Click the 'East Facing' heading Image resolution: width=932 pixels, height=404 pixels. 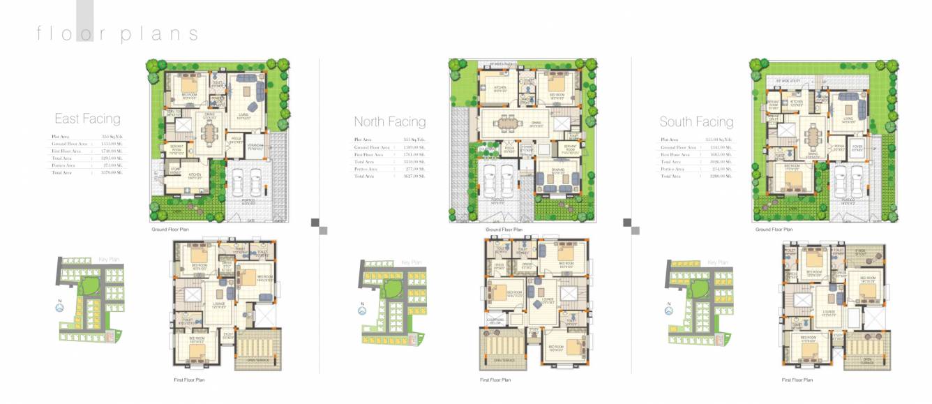click(87, 119)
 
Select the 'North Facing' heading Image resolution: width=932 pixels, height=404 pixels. click(389, 121)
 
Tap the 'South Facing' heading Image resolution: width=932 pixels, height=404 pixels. click(696, 121)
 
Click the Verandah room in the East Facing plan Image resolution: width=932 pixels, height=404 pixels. click(256, 145)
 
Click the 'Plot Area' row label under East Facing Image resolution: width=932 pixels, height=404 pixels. click(61, 137)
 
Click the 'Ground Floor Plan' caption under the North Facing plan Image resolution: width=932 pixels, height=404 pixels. click(503, 230)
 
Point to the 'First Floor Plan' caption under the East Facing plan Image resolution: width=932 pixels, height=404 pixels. click(189, 380)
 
